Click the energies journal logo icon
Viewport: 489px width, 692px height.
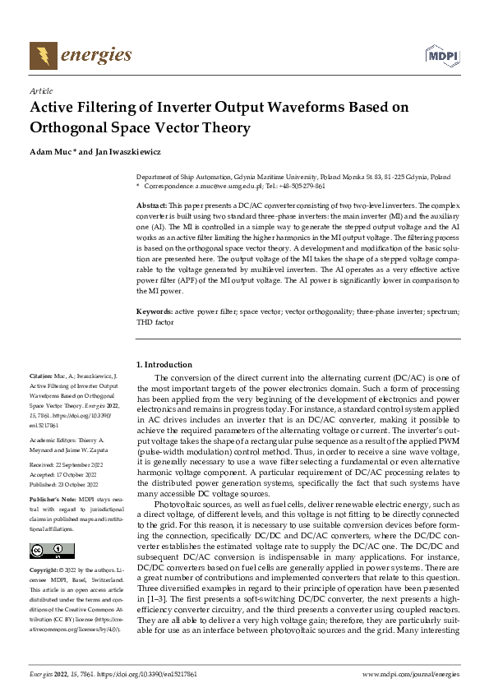[42, 56]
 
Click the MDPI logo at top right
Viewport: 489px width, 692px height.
[441, 55]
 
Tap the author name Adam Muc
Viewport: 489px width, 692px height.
[51, 152]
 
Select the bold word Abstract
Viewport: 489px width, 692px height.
[151, 204]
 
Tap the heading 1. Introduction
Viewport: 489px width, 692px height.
[164, 364]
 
